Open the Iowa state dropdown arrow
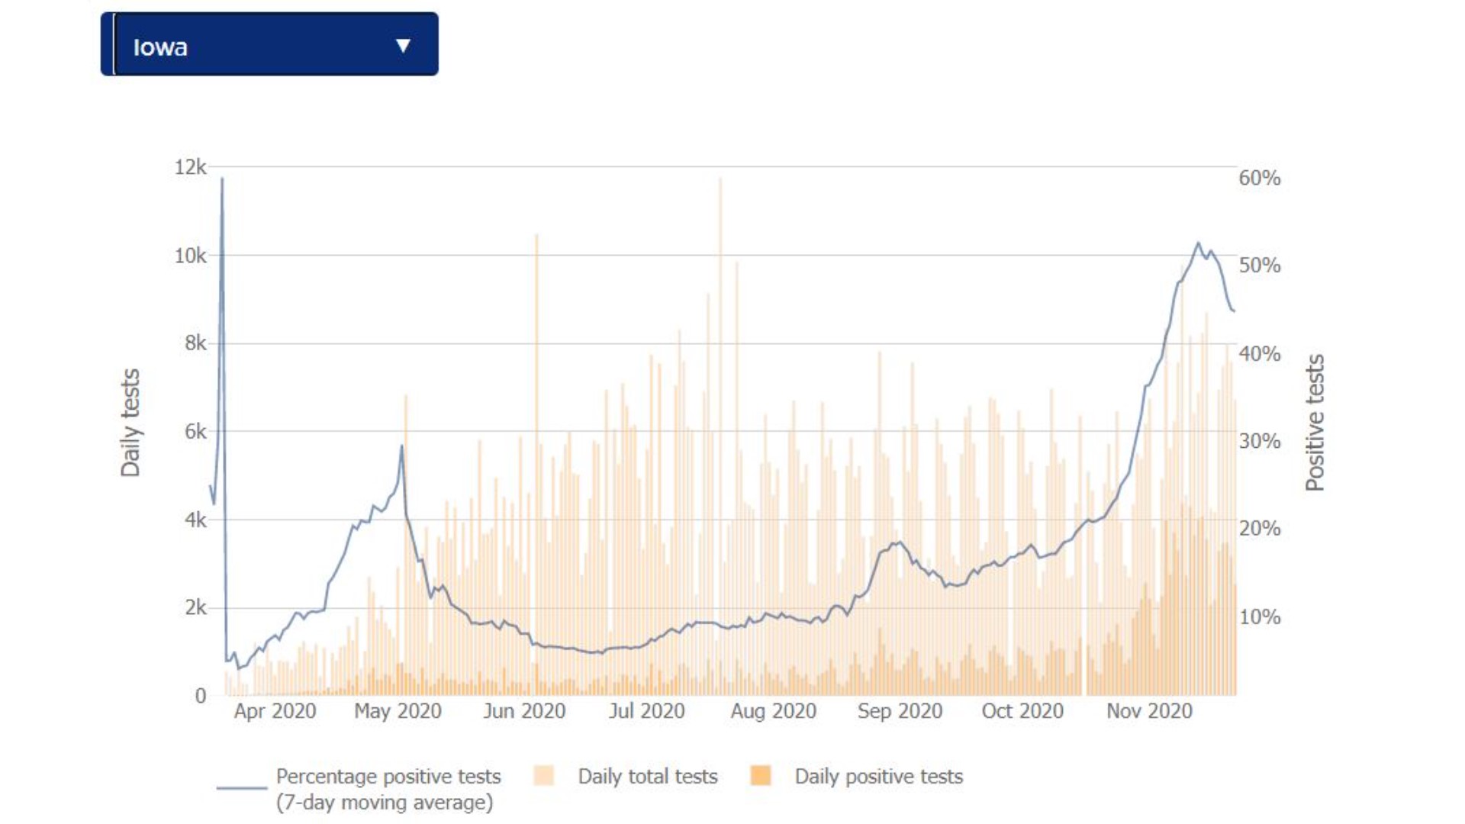pos(403,46)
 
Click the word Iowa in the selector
pos(160,47)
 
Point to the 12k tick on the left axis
pos(190,167)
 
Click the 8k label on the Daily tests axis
pos(195,343)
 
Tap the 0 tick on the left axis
pos(200,696)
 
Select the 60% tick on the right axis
pos(1259,179)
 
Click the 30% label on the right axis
pos(1259,441)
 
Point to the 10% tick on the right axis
pos(1259,616)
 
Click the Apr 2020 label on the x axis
pos(275,711)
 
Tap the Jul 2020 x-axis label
pos(646,711)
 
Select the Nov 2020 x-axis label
pos(1149,711)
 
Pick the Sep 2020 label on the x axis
pos(900,711)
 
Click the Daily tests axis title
pos(130,423)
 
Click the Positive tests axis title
pos(1314,423)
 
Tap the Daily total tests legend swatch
pos(544,776)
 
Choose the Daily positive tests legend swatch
pos(761,776)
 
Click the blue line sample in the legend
pos(241,787)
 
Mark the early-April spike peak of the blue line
pos(222,179)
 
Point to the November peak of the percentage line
pos(1198,243)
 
